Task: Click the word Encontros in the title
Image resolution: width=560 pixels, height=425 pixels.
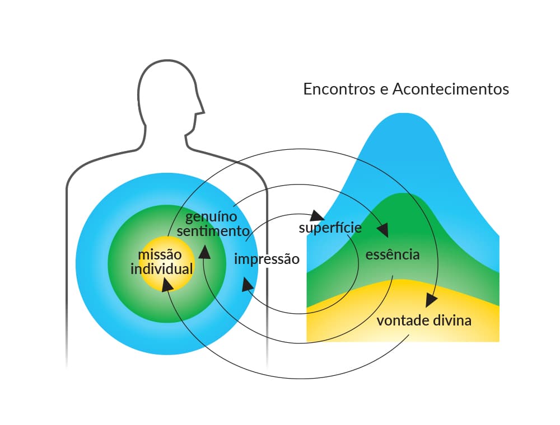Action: tap(339, 89)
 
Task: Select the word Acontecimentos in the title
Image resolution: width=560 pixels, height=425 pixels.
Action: tap(451, 89)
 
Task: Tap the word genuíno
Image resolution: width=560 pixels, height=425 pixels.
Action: tap(211, 217)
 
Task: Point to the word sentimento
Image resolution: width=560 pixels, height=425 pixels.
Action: tap(213, 231)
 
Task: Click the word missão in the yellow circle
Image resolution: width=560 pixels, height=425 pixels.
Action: tap(160, 254)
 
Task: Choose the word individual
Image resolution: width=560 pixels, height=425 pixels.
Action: tap(161, 269)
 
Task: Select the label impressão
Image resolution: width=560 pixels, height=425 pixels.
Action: tap(267, 259)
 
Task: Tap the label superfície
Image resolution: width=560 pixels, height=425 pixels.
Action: tap(330, 228)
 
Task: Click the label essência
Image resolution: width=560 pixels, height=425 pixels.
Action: tap(393, 254)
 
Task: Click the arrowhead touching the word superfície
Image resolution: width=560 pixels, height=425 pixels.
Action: tap(317, 215)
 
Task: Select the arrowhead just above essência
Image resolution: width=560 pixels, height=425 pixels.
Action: tap(383, 230)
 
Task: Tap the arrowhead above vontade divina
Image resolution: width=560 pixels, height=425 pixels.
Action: tap(431, 300)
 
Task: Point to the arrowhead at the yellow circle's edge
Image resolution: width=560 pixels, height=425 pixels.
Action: tap(167, 285)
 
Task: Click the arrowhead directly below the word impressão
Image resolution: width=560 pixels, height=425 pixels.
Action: tap(248, 285)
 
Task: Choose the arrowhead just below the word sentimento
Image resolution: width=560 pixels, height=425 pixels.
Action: tap(204, 252)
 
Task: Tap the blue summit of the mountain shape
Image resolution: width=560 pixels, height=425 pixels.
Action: tap(404, 114)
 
